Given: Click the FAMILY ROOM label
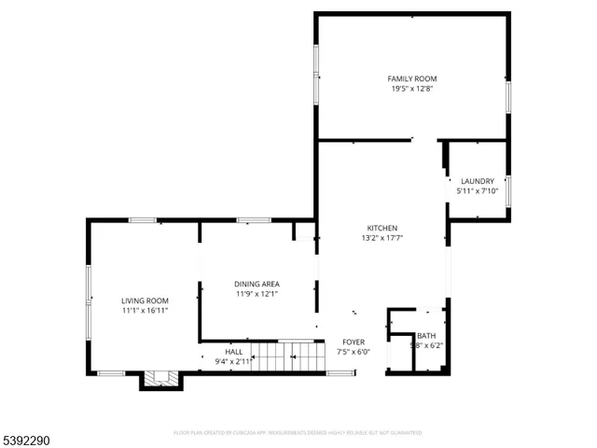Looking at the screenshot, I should coord(412,78).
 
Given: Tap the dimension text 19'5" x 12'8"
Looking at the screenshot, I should coord(412,89).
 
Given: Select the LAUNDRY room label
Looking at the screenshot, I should coord(477,181).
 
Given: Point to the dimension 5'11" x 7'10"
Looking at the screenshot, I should coord(477,191).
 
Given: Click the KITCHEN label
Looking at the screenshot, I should coord(382,228).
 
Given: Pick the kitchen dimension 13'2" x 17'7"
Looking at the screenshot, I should coord(382,238).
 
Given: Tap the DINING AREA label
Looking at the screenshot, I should coord(257,284).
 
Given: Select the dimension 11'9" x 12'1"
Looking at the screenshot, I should coord(257,294).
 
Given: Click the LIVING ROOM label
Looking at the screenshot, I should coord(145,301).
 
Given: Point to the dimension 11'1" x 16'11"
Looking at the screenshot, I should coord(145,311).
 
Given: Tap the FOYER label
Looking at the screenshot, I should coord(354,342).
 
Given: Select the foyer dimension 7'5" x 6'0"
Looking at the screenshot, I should coord(354,352).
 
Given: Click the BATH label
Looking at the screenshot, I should coord(426,336).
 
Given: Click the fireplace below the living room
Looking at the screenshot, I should coord(159,378).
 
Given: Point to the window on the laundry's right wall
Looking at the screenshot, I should coord(508,188).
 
